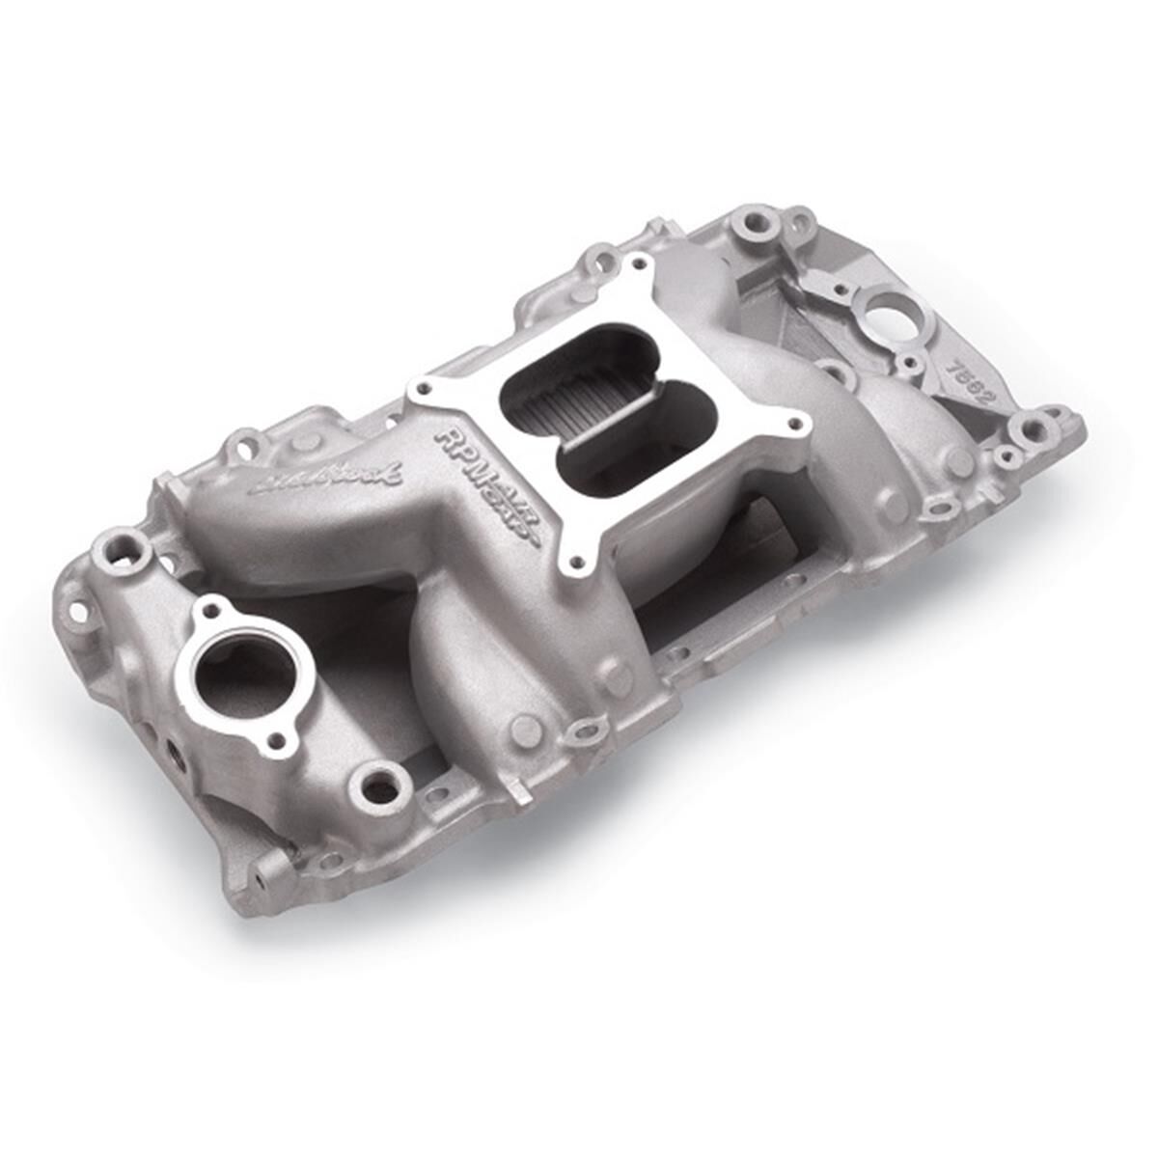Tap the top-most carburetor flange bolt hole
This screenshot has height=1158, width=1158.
(636, 262)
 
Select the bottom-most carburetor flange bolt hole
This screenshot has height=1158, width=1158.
(577, 559)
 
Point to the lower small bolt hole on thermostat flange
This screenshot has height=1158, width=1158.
(279, 740)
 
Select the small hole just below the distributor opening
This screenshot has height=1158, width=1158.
(909, 364)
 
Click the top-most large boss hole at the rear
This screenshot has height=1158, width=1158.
(750, 225)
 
